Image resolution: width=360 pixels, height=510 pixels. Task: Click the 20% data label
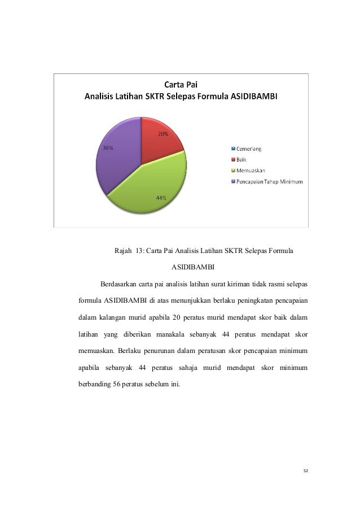[x=163, y=134]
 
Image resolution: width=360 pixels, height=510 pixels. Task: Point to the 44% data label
[x=161, y=198]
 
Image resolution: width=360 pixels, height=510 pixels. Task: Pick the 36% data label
[x=107, y=148]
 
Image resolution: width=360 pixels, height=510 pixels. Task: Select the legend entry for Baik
[x=243, y=160]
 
